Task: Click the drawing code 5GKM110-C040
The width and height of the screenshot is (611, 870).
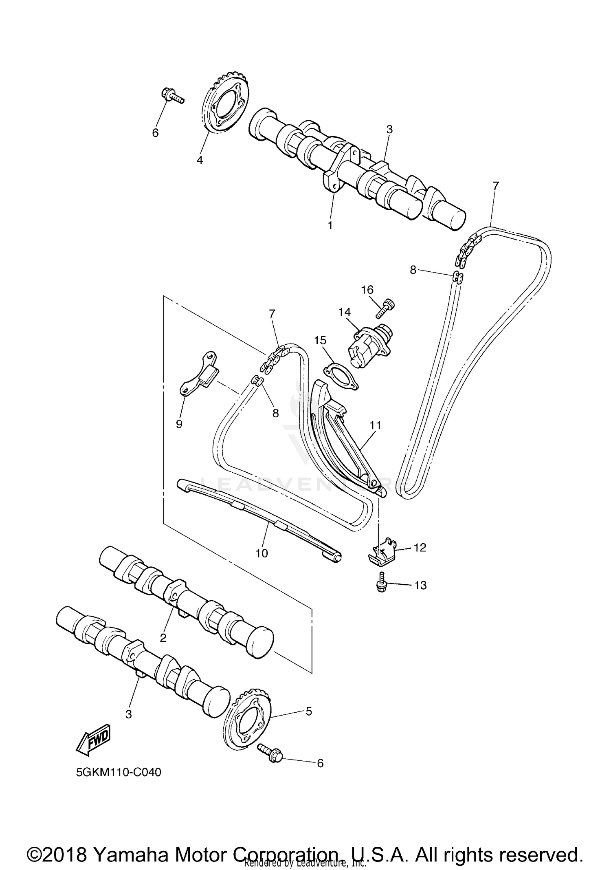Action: (x=119, y=772)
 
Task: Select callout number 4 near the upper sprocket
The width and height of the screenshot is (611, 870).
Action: (x=200, y=160)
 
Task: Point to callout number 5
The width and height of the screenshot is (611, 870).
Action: (x=308, y=711)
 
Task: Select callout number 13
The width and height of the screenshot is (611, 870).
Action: (x=420, y=585)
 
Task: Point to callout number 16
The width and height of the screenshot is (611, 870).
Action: (x=367, y=290)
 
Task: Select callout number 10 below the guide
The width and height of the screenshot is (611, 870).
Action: (x=262, y=553)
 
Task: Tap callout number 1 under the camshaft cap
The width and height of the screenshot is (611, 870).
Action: (x=330, y=225)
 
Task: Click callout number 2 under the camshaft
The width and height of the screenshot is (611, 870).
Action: (x=163, y=638)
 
